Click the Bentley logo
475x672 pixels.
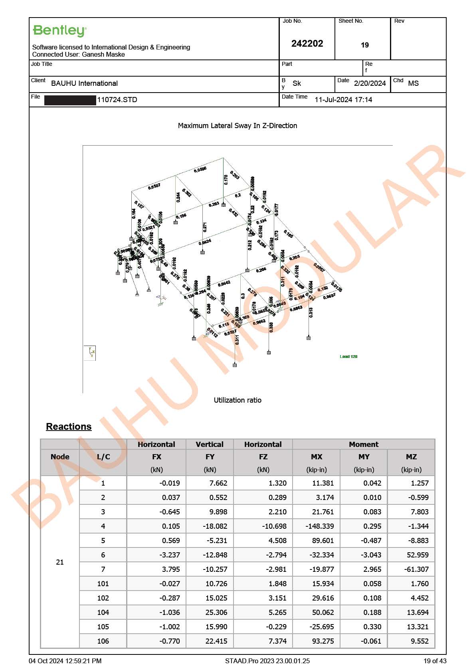(x=59, y=31)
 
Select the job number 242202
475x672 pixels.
(x=307, y=43)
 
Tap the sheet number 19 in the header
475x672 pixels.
(x=364, y=45)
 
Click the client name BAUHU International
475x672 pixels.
(x=84, y=83)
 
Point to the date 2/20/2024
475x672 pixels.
(x=370, y=83)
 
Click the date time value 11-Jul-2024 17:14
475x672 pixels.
(x=343, y=100)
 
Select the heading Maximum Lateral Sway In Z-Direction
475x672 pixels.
(x=238, y=126)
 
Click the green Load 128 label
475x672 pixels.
(x=348, y=356)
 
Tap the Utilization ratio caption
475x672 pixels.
(x=238, y=400)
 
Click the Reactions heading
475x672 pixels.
(x=69, y=427)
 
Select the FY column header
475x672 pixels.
(x=210, y=457)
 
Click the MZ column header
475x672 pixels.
(x=411, y=457)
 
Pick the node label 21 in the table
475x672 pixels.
(x=60, y=562)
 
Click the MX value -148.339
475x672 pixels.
(x=320, y=526)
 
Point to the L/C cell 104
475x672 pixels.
(x=103, y=613)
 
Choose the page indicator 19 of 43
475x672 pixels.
(x=435, y=661)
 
